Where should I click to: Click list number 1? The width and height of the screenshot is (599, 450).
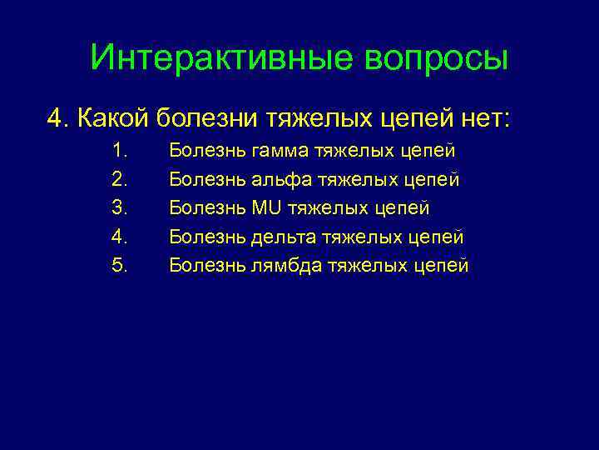118,151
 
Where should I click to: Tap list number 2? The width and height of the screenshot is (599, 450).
118,179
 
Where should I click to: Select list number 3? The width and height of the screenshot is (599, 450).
118,208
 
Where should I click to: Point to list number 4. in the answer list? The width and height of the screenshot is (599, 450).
118,237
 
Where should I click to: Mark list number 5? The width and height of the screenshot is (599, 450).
118,265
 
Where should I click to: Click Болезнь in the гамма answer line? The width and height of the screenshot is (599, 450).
206,151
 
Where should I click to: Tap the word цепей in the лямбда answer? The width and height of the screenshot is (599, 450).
441,265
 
